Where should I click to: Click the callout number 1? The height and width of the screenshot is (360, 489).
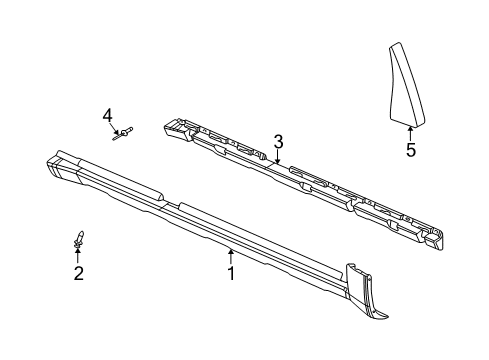coord(231,271)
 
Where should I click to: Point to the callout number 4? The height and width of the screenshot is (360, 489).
coord(107,116)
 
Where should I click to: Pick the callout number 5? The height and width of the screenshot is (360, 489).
coord(410,152)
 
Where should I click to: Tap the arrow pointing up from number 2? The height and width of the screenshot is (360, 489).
coord(77,254)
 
